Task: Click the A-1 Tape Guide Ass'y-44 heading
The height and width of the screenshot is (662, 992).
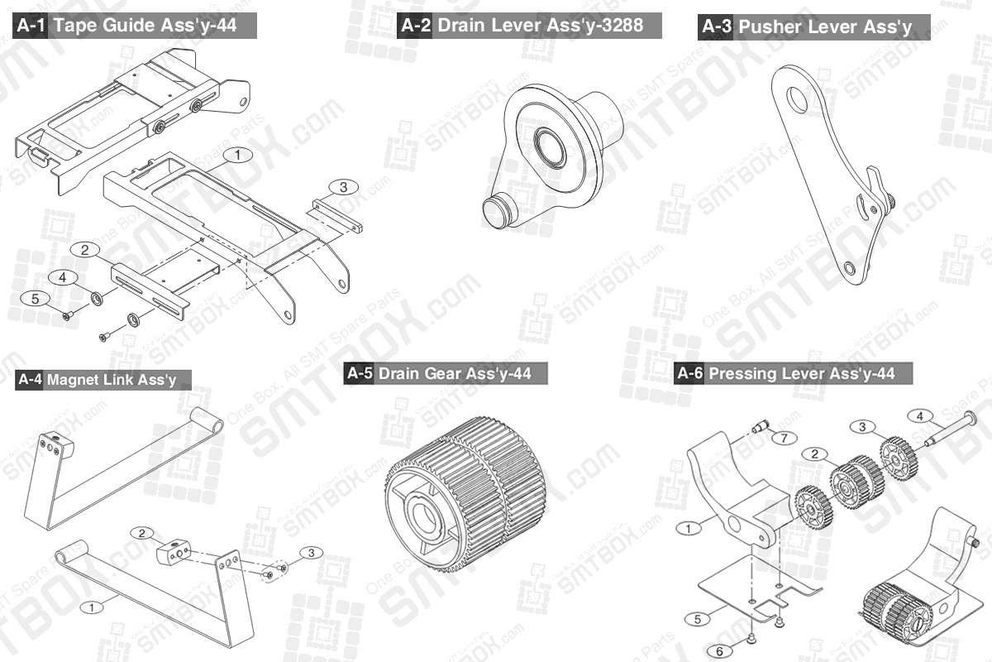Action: click(x=136, y=26)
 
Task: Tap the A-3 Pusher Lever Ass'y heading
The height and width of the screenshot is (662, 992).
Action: click(x=814, y=27)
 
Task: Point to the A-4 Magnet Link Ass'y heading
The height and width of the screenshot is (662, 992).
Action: click(x=103, y=380)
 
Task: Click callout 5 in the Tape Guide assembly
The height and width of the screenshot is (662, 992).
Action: click(x=35, y=299)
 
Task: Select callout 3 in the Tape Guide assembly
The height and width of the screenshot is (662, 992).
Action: click(x=344, y=187)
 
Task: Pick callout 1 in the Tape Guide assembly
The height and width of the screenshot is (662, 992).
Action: click(x=237, y=155)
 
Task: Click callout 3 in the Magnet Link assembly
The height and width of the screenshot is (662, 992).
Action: click(x=311, y=552)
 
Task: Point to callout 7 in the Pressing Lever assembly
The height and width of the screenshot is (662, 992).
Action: click(x=785, y=437)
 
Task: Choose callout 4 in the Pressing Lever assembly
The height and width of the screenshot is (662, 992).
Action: click(x=919, y=415)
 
